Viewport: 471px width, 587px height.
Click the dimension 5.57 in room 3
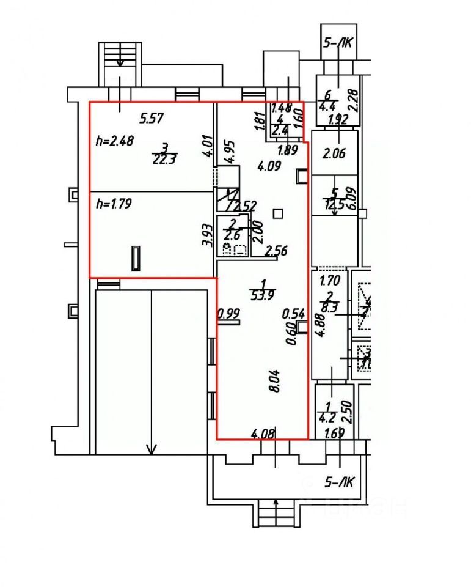152,119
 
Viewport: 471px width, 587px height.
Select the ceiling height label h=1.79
115,202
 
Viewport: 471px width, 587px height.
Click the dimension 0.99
229,314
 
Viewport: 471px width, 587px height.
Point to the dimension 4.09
269,165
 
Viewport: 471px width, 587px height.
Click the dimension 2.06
333,153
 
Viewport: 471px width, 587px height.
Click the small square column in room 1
278,213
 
